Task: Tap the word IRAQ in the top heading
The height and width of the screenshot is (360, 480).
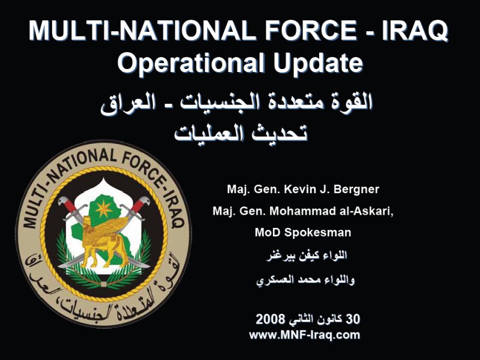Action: tap(415, 31)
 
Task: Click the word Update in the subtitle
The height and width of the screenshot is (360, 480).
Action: tap(318, 63)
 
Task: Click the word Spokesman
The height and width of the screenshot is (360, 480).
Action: tap(318, 233)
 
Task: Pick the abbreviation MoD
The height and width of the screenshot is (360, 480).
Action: tap(268, 232)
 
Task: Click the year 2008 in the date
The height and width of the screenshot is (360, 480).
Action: tap(271, 319)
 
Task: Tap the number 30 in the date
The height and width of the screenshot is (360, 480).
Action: tap(353, 319)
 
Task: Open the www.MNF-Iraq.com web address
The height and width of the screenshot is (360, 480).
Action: tap(305, 335)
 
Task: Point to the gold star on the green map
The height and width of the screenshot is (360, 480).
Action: tap(104, 209)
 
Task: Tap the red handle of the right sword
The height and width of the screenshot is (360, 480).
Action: tap(137, 205)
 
